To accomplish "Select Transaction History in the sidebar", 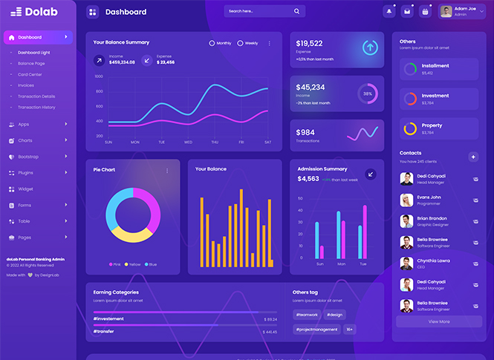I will (36, 107).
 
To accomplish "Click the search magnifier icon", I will (297, 12).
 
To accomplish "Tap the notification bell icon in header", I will (389, 11).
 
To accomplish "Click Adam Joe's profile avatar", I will (446, 11).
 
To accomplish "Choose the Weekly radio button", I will (240, 43).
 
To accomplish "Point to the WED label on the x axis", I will (188, 142).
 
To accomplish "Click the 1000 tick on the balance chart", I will (99, 76).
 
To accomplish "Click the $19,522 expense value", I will (309, 43).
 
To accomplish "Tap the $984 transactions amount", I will (305, 132).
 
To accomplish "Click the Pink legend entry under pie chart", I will (116, 264).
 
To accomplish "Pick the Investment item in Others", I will (435, 96).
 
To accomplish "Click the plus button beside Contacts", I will (473, 156).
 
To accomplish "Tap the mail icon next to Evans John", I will (475, 200).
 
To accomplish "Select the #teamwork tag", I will (307, 315).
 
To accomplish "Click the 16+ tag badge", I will (349, 329).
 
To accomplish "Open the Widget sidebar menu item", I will (25, 189).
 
